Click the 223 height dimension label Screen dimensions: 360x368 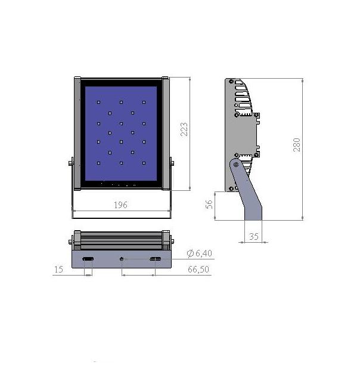[184, 129]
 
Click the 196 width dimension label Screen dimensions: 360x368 [121, 205]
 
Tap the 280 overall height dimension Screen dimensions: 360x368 [297, 145]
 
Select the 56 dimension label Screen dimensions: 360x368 [209, 204]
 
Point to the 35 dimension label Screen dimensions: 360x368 [254, 236]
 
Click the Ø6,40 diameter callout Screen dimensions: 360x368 [200, 253]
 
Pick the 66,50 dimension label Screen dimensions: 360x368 [198, 269]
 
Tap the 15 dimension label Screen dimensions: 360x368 [58, 270]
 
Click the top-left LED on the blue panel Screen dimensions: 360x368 [98, 103]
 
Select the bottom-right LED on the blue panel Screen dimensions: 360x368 [144, 163]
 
